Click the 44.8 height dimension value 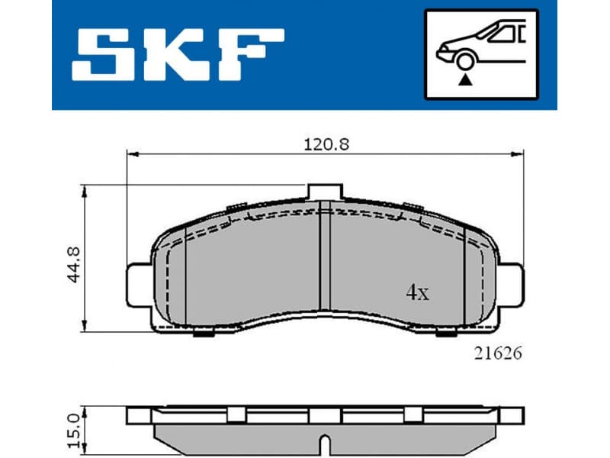click(x=74, y=260)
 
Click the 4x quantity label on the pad click(x=416, y=292)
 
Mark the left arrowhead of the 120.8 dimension click(x=130, y=154)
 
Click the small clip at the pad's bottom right click(x=445, y=331)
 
